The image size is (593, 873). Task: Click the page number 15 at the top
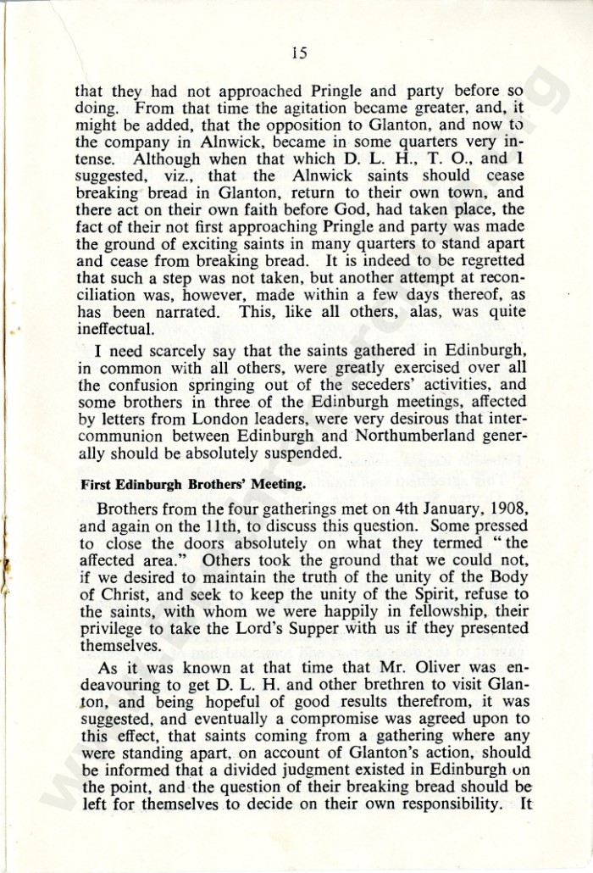(297, 53)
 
